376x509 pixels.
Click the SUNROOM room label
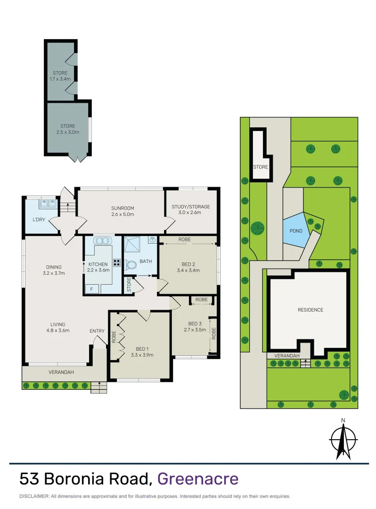coord(123,208)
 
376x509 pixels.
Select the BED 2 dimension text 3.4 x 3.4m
coord(188,271)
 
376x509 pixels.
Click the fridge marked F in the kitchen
coord(91,289)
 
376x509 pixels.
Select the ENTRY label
coord(97,331)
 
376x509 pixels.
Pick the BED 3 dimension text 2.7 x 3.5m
coord(195,330)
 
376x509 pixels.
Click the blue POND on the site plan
coord(295,231)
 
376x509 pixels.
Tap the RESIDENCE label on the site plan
coord(311,310)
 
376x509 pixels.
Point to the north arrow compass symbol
coord(343,437)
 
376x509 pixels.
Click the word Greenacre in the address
coord(197,479)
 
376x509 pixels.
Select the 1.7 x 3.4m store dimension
coord(60,79)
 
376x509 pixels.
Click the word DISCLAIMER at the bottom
coord(33,496)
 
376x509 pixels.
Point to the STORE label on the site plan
coord(260,167)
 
